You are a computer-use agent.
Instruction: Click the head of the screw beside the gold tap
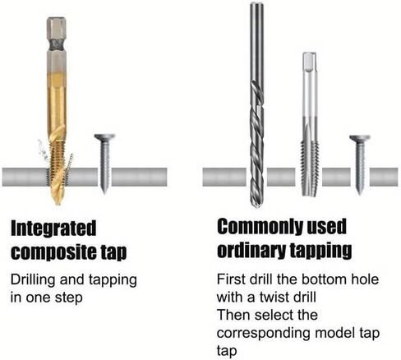(104, 137)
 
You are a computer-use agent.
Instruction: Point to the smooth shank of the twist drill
(256, 41)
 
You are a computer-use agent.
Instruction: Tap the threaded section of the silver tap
(310, 162)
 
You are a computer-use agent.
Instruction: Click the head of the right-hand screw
(360, 138)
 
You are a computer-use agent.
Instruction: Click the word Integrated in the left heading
(53, 228)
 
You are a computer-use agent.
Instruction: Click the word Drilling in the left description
(34, 280)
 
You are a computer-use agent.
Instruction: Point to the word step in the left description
(69, 298)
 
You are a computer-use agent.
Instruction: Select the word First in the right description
(231, 279)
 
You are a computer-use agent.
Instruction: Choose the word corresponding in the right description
(263, 334)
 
